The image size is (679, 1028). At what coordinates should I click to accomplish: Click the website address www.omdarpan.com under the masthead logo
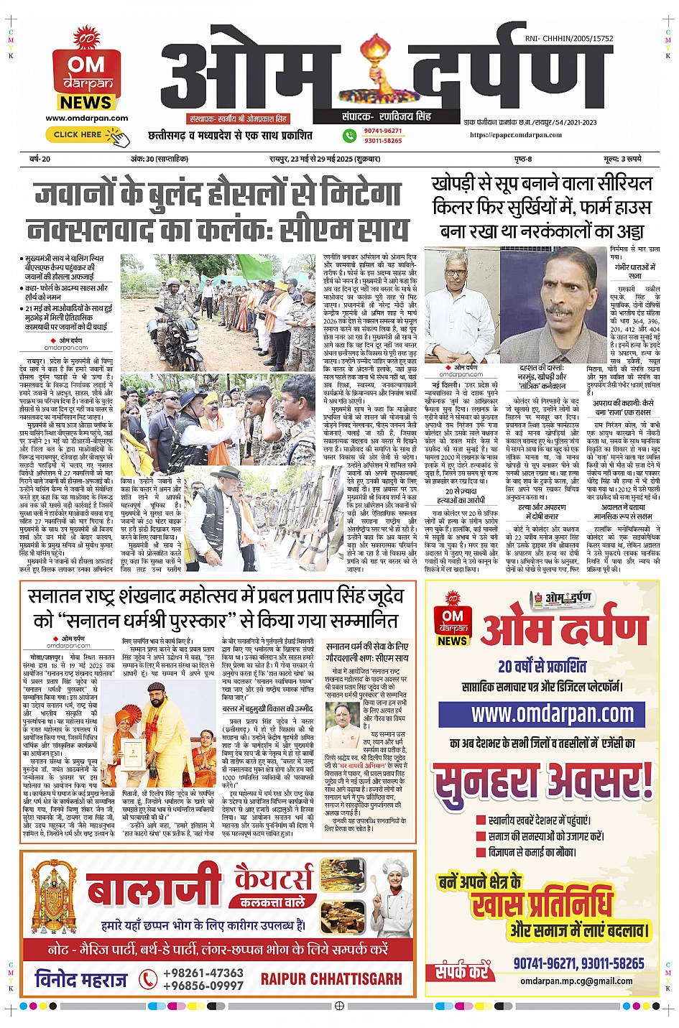coord(86,119)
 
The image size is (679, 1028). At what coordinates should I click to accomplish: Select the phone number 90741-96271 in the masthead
coord(383,131)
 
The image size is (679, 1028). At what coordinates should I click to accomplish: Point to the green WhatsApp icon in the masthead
coord(349,135)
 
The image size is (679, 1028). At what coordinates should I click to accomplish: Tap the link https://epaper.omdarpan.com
coord(516,134)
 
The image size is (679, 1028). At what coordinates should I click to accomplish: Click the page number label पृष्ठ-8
coord(523,159)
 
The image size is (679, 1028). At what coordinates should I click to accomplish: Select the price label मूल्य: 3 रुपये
coord(622,159)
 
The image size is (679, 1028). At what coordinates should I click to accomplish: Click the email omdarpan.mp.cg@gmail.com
coord(576,981)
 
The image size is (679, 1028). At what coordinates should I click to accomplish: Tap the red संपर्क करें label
coord(462,972)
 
